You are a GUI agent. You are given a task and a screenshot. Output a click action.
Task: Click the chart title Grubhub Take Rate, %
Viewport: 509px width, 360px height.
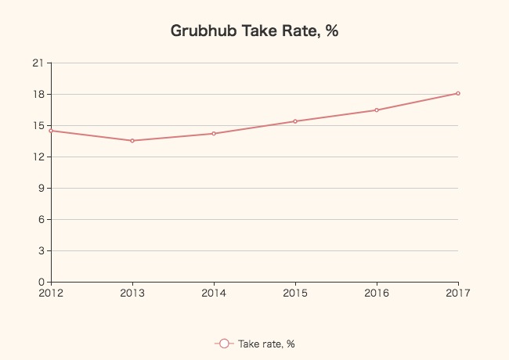coord(254,31)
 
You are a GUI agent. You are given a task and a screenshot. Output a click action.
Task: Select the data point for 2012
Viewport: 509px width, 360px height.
coord(51,131)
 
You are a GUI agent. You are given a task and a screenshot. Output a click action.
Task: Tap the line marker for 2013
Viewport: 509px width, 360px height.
coord(132,141)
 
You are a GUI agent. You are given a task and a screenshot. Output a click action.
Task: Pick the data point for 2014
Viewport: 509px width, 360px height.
coord(214,134)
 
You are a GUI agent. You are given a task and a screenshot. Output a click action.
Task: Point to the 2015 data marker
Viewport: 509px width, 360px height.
coord(295,121)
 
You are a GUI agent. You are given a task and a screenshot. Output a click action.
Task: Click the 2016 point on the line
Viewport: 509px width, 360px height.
coord(377,110)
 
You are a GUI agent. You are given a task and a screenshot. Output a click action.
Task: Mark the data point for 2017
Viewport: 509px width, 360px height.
coord(458,93)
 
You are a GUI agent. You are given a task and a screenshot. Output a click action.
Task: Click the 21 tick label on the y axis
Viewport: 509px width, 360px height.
coord(40,63)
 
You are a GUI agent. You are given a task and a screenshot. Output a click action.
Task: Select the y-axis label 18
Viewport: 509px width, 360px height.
coord(40,95)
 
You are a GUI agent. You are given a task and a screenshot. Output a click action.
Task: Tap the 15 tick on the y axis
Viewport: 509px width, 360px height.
coord(40,126)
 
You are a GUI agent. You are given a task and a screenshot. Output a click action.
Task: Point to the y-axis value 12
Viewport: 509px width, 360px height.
coord(40,157)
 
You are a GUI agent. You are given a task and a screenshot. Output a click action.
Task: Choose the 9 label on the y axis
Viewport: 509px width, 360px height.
coord(43,189)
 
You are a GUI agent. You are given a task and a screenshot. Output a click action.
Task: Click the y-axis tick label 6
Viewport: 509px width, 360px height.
coord(43,220)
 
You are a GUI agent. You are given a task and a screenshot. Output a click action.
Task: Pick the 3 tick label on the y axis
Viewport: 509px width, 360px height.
coord(43,251)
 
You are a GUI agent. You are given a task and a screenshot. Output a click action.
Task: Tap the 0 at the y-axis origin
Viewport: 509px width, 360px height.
coord(43,282)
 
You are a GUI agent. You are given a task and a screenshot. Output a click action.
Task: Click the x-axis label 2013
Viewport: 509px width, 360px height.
coord(132,293)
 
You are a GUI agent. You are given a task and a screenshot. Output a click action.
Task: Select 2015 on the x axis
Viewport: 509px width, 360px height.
coord(295,293)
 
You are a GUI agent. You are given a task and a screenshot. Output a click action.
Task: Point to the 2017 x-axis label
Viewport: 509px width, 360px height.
coord(458,293)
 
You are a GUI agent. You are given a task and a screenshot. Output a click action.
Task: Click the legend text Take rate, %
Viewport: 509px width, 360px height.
coord(266,344)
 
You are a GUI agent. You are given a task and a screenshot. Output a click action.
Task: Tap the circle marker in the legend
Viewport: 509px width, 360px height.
coord(224,344)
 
